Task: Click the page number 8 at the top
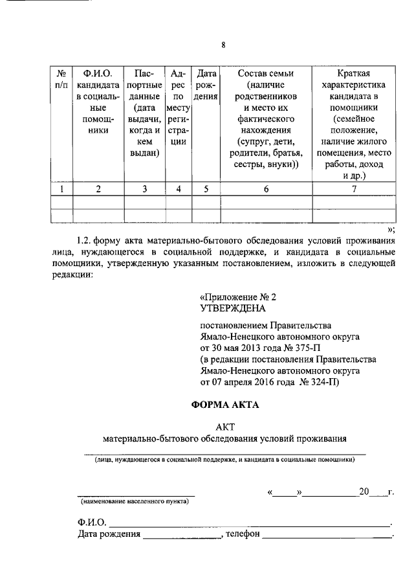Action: click(x=223, y=45)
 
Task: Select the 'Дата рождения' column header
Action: click(x=206, y=85)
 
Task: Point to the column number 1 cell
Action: click(x=61, y=189)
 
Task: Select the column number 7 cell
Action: click(x=354, y=189)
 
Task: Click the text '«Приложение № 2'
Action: click(x=237, y=297)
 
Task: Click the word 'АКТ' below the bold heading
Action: click(x=224, y=425)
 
